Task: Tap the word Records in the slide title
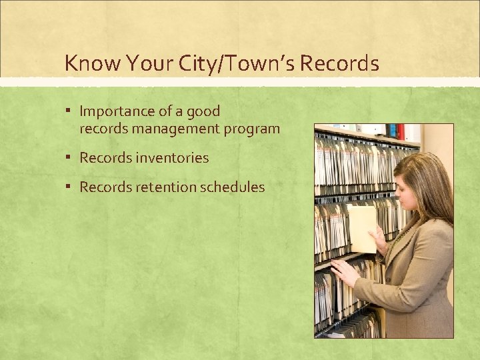click(340, 63)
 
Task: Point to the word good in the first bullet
click(203, 111)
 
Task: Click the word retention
click(162, 187)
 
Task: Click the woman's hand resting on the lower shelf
click(345, 272)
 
